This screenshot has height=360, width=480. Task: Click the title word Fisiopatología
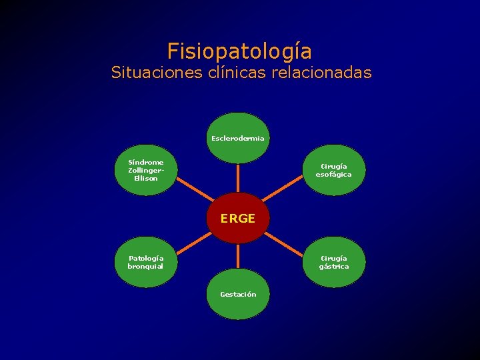click(x=239, y=51)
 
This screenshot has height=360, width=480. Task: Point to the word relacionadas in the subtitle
click(x=321, y=72)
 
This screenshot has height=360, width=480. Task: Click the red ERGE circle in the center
click(x=238, y=218)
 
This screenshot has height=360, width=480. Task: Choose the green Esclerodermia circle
click(x=238, y=138)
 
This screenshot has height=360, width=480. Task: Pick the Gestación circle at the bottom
click(x=238, y=295)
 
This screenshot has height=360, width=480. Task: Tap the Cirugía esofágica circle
click(x=333, y=170)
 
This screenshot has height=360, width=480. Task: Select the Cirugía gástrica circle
click(x=333, y=262)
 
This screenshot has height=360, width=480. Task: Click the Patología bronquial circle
click(x=145, y=262)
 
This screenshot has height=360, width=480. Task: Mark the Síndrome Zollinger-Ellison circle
click(x=145, y=170)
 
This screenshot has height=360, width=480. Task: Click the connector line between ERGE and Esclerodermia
click(x=238, y=178)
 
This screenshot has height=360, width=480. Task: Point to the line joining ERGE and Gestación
click(x=238, y=257)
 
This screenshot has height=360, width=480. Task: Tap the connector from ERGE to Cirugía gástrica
click(x=287, y=240)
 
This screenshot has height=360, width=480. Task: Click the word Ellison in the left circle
click(x=145, y=178)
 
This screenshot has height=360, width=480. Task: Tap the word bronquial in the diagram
click(x=145, y=267)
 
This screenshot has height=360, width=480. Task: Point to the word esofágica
click(x=333, y=175)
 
